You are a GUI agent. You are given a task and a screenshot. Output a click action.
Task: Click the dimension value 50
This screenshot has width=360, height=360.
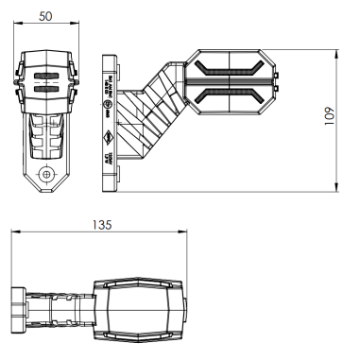(45, 17)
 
